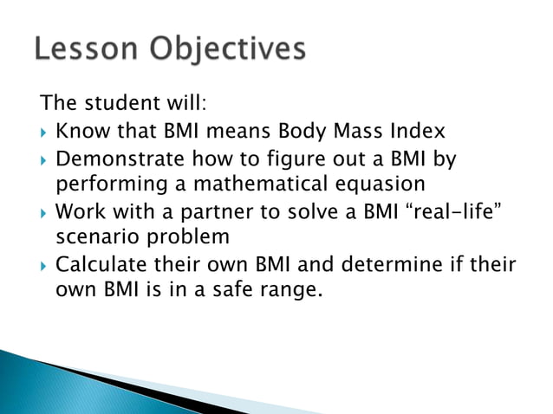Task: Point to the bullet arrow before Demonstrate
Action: point(44,160)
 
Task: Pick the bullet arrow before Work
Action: point(44,212)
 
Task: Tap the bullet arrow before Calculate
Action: point(44,265)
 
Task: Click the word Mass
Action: point(361,133)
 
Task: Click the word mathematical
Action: point(260,185)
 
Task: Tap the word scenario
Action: point(94,238)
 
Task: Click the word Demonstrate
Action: point(120,159)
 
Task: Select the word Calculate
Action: point(103,265)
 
